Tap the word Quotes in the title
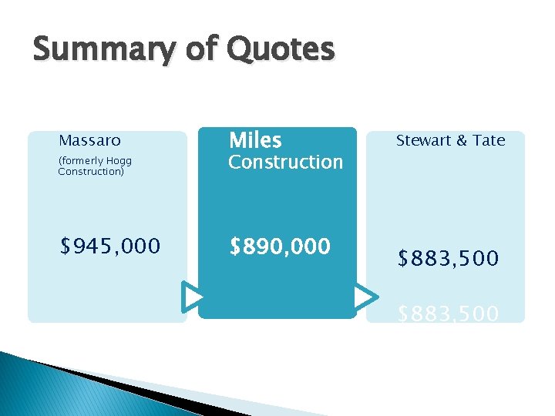click(x=281, y=51)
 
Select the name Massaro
click(x=89, y=141)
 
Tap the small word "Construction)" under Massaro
click(x=90, y=171)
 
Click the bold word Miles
click(x=256, y=140)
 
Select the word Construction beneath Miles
click(x=286, y=162)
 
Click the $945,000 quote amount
click(x=110, y=246)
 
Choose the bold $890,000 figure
click(x=281, y=246)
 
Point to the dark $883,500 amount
click(x=448, y=258)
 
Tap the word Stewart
click(x=422, y=140)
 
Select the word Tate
click(x=489, y=140)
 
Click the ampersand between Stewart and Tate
click(x=460, y=140)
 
